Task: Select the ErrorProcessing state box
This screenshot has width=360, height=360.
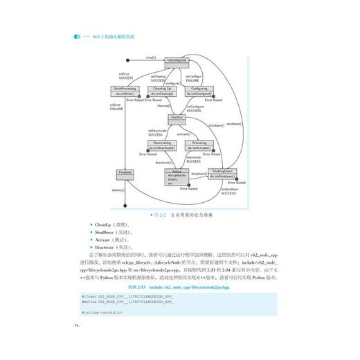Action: [x=125, y=91]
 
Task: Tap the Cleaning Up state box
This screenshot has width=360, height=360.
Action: [x=162, y=91]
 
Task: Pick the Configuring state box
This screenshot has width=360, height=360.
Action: [x=199, y=91]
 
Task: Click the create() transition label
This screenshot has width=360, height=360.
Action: [x=150, y=57]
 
